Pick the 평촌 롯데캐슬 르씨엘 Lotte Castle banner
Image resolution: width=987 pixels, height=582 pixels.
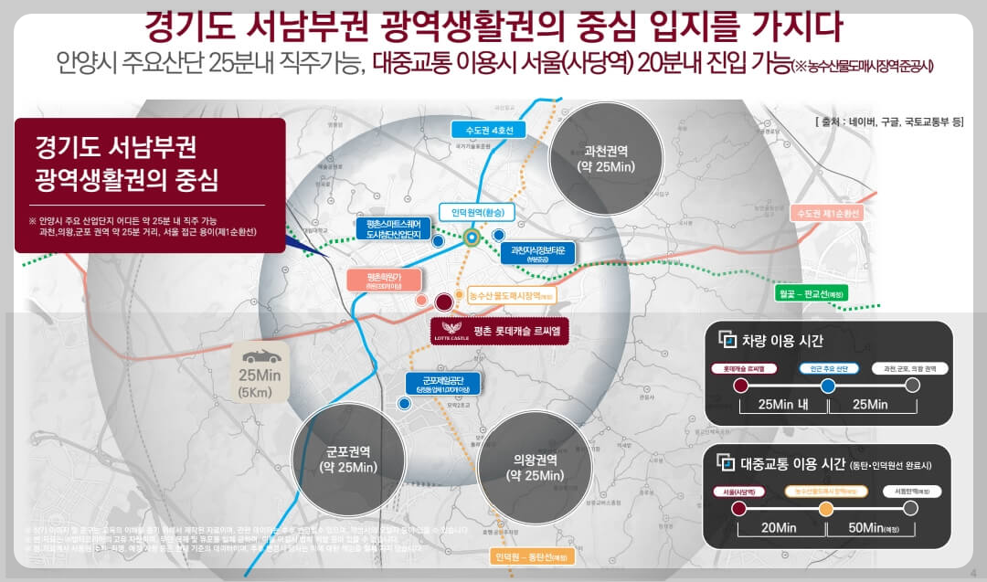point(500,330)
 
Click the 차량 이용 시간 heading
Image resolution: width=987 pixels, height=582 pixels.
point(782,341)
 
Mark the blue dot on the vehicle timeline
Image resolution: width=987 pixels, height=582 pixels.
point(828,386)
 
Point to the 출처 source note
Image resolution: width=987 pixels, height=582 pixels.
point(887,121)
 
